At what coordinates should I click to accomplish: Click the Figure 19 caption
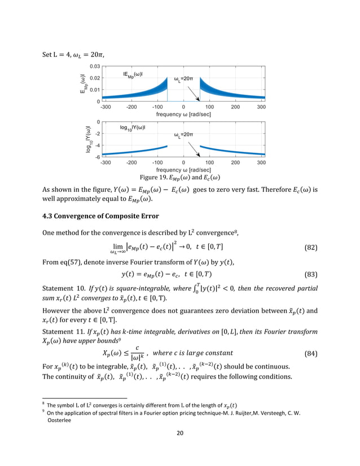coord(179,177)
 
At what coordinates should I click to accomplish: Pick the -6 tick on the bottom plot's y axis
coord(96,157)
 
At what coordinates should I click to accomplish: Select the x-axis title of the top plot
coord(183,114)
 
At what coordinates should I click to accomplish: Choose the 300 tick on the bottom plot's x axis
coord(261,162)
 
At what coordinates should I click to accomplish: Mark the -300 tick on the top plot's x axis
coord(106,107)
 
